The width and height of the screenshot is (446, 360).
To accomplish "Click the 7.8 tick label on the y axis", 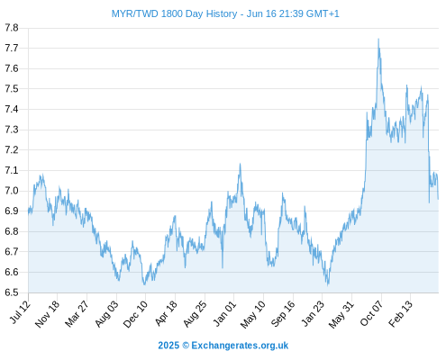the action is coord(12,28).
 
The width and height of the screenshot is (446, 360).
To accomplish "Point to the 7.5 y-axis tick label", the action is coord(12,89).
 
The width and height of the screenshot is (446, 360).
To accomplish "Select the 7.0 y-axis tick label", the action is coord(12,191).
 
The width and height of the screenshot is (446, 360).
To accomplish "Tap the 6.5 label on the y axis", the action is coord(12,292).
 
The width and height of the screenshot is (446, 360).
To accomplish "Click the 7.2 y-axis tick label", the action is coord(12,150).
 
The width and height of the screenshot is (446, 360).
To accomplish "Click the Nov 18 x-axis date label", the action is coord(48,313).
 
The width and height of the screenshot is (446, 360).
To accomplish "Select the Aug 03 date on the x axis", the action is coord(107,313).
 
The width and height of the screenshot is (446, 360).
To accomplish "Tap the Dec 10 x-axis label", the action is coord(136,314).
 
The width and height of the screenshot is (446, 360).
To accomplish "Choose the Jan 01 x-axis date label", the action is coord(225,313).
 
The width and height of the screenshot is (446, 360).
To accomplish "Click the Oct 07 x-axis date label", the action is coord(372,313).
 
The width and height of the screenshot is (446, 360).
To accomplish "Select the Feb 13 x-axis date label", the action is coord(401,313).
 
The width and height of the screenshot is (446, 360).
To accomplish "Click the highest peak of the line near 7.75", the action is coord(378,39).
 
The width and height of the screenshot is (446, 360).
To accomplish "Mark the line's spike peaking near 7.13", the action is coord(240,164).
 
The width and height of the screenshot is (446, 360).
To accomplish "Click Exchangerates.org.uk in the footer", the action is coord(240,346).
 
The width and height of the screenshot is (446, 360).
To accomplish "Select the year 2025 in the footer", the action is coord(168,346).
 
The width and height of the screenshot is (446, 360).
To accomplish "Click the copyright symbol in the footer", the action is coord(186,346).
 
